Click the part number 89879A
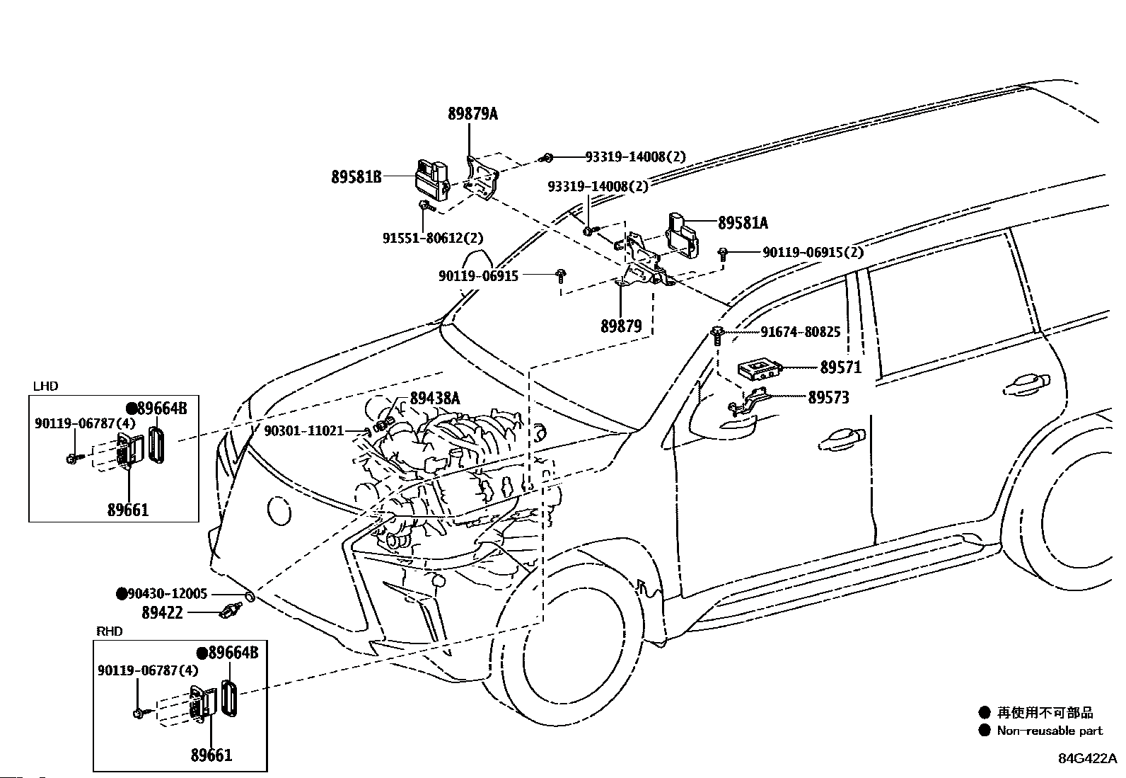(472, 114)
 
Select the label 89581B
(356, 177)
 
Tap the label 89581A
(743, 222)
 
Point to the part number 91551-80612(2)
(433, 238)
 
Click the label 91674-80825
(800, 331)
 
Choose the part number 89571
(841, 367)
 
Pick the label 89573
(828, 398)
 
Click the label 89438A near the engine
(435, 399)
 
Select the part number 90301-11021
(304, 431)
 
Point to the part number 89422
(163, 613)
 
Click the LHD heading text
(46, 386)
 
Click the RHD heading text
(110, 631)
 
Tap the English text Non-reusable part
(1050, 730)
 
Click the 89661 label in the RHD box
(211, 755)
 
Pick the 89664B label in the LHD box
(162, 408)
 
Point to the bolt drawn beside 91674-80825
(717, 335)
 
